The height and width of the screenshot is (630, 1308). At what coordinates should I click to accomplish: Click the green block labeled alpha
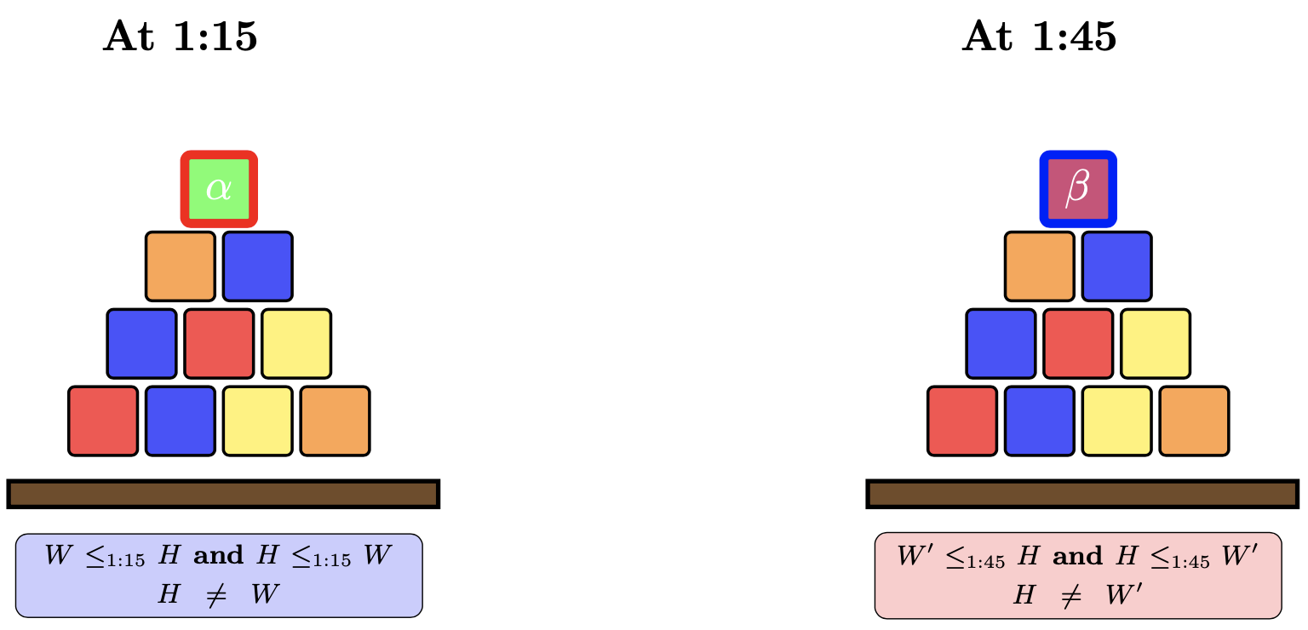pyautogui.click(x=219, y=189)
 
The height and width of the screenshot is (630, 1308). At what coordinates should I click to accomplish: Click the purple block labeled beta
pyautogui.click(x=1078, y=189)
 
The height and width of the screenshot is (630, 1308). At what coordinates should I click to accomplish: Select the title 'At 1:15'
pyautogui.click(x=180, y=37)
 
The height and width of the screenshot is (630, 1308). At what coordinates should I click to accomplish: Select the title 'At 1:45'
pyautogui.click(x=1039, y=37)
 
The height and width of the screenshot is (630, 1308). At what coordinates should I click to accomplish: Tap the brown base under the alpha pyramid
pyautogui.click(x=223, y=494)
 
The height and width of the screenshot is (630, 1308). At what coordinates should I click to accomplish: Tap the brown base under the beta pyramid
pyautogui.click(x=1082, y=494)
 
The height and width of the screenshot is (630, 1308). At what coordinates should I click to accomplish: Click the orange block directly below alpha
pyautogui.click(x=181, y=266)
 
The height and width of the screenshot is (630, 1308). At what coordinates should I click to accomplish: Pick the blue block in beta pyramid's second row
pyautogui.click(x=1116, y=266)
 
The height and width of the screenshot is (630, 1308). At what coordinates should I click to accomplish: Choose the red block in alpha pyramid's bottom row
pyautogui.click(x=103, y=421)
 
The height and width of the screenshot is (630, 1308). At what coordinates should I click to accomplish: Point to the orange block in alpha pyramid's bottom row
pyautogui.click(x=335, y=421)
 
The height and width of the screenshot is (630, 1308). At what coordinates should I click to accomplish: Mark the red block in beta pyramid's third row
pyautogui.click(x=1078, y=343)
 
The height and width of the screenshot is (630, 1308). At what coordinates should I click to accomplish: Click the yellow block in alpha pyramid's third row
pyautogui.click(x=296, y=343)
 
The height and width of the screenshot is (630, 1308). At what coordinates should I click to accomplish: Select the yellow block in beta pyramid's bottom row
pyautogui.click(x=1116, y=421)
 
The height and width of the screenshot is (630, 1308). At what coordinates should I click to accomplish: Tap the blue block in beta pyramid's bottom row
pyautogui.click(x=1039, y=421)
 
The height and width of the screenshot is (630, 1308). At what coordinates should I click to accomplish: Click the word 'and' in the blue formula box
pyautogui.click(x=219, y=556)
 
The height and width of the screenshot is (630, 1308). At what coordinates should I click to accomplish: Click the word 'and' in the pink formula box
pyautogui.click(x=1077, y=556)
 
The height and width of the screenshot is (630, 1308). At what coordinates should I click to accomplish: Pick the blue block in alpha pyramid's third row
pyautogui.click(x=141, y=343)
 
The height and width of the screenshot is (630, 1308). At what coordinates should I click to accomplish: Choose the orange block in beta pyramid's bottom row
pyautogui.click(x=1194, y=421)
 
